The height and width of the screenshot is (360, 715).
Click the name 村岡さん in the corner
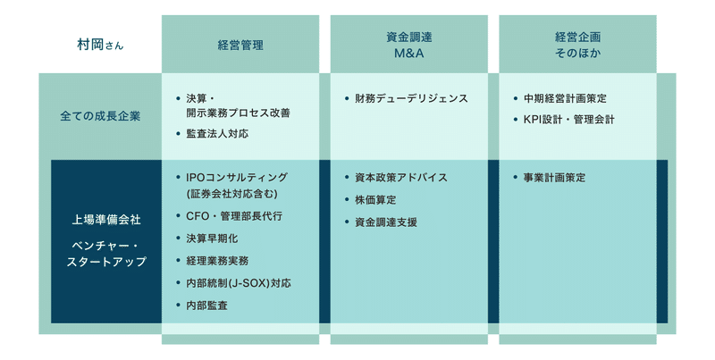(x=100, y=46)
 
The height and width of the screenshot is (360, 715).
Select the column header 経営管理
(x=240, y=46)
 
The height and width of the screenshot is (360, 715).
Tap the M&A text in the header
(x=409, y=54)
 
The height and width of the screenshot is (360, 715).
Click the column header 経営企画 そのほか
(x=577, y=46)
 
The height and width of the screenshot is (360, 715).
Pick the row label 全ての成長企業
(x=100, y=116)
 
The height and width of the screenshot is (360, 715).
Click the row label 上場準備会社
(x=106, y=220)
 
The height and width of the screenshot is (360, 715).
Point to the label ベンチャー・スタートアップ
(x=106, y=254)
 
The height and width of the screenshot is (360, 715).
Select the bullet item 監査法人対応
(x=217, y=133)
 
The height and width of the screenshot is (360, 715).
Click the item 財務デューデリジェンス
(x=411, y=98)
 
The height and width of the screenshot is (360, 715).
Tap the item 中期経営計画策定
(x=565, y=98)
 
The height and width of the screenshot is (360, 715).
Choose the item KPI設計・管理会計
(x=569, y=120)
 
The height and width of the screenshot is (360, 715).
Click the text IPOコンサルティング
(x=237, y=177)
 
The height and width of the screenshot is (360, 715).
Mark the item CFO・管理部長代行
(x=234, y=216)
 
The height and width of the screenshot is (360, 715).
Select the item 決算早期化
(x=212, y=239)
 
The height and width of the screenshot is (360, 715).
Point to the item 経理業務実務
(x=217, y=261)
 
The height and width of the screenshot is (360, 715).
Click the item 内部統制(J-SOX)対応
(x=239, y=283)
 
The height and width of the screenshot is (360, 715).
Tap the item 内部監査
(x=206, y=306)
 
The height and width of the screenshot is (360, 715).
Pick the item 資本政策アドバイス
(x=401, y=177)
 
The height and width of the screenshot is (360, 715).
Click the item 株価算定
(x=375, y=199)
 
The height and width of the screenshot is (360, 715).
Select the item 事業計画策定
(x=554, y=177)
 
